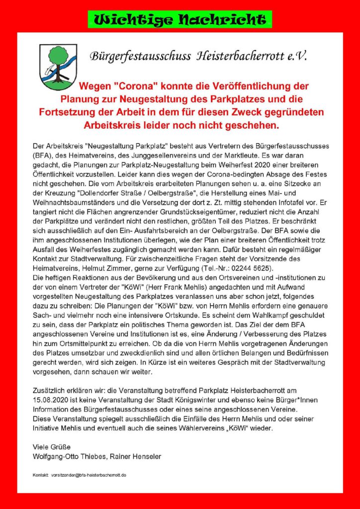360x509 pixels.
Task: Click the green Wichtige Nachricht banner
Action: [x=180, y=19]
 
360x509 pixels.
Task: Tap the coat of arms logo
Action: [x=59, y=67]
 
